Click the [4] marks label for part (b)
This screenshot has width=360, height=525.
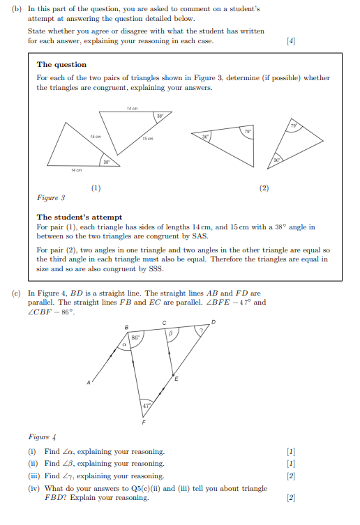click(291, 42)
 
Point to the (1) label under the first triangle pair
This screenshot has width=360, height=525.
click(96, 188)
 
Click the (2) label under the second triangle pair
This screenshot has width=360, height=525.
click(264, 188)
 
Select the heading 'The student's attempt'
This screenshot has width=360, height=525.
click(80, 217)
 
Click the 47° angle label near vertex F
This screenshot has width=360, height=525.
click(145, 405)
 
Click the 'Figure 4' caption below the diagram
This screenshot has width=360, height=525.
click(40, 437)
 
